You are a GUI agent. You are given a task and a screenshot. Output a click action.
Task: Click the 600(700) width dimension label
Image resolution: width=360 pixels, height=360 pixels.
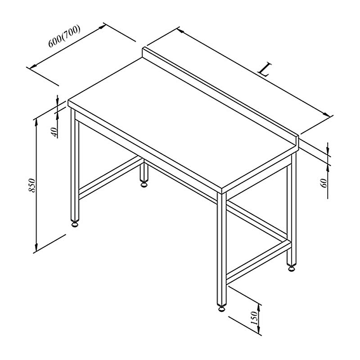click(64, 36)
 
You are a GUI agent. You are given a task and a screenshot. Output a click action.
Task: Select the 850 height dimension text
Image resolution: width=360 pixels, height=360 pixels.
click(31, 185)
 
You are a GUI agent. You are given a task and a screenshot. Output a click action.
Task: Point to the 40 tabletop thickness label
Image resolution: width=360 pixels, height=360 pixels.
click(54, 132)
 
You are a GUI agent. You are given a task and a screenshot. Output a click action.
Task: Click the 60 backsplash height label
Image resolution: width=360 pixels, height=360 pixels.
click(324, 183)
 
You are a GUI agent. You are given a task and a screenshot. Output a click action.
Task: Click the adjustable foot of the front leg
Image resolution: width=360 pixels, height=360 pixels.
click(221, 308)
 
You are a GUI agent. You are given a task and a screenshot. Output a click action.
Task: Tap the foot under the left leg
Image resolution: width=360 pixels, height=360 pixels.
click(75, 224)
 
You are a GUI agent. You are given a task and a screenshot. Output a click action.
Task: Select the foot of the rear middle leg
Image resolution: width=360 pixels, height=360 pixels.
click(144, 184)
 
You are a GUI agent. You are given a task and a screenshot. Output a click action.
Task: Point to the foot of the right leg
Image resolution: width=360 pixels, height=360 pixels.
click(292, 268)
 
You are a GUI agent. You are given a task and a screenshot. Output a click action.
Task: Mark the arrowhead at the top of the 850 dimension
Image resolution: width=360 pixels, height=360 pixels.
click(36, 123)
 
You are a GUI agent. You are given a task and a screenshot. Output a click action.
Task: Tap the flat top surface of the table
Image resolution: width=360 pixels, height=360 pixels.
click(181, 124)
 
